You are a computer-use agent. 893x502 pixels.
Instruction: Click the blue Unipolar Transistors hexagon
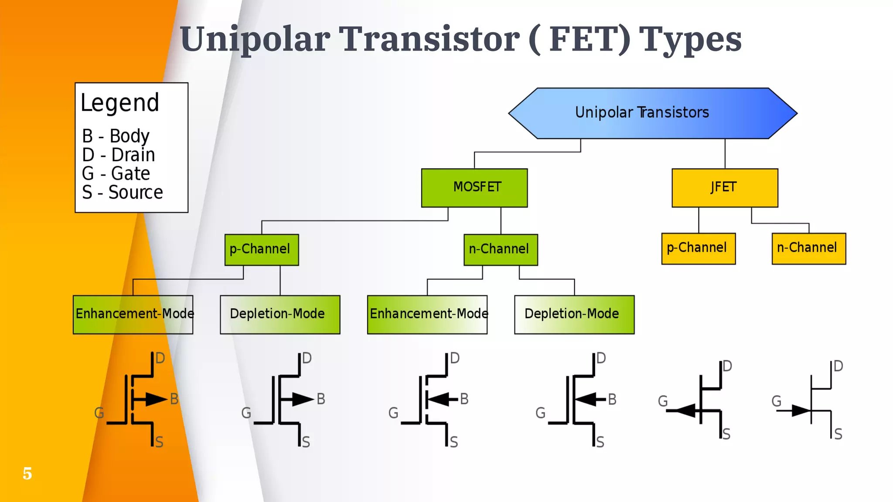653,113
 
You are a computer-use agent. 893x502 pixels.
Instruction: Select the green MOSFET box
474,188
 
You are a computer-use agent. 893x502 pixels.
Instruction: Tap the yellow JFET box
725,188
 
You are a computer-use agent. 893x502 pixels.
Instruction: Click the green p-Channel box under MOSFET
262,250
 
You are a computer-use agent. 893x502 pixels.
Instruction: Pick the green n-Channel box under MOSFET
501,250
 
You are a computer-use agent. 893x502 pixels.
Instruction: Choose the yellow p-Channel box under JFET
698,248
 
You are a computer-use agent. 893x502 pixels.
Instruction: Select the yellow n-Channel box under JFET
808,248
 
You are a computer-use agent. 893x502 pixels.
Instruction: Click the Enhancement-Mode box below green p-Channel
133,315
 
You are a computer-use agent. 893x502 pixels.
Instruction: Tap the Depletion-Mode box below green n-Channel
574,315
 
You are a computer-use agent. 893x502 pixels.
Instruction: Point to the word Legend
120,103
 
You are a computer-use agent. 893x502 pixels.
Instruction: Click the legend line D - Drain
119,155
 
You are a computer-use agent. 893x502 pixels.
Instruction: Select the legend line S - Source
123,192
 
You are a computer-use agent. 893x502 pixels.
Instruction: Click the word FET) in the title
590,39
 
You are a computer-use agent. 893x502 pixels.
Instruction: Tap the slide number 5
27,473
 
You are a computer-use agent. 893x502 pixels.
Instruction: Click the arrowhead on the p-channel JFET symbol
686,410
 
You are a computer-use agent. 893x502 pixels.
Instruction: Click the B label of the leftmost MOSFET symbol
174,399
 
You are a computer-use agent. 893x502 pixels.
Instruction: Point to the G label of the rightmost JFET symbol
776,401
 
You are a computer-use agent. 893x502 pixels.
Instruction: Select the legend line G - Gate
116,173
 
